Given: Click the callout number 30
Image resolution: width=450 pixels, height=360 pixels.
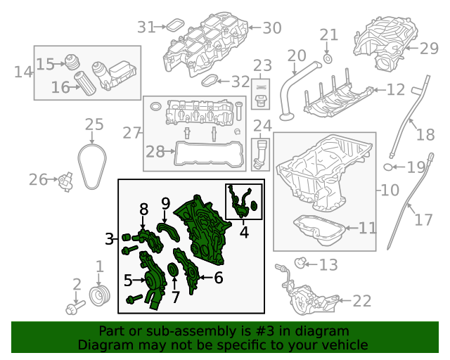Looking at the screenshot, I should point(271,28).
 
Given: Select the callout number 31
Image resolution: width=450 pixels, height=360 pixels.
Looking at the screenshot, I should point(146,27).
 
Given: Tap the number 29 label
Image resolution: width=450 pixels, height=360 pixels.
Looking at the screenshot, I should point(429,49).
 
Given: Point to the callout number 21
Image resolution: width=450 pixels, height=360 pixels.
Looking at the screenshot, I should point(329,35).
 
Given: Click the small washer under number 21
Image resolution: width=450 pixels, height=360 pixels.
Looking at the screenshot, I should point(328,57).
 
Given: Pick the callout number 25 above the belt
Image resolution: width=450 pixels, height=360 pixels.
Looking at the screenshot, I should point(94,125).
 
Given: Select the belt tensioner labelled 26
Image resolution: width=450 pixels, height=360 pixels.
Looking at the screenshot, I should point(66,181).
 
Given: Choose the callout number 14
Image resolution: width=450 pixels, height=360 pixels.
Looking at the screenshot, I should point(23,72).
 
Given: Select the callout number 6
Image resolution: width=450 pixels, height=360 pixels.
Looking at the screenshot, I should point(218,278).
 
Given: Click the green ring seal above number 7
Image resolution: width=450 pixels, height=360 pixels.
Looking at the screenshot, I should point(174,270).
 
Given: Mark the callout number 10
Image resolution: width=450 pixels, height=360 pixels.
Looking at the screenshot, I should point(390,191).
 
